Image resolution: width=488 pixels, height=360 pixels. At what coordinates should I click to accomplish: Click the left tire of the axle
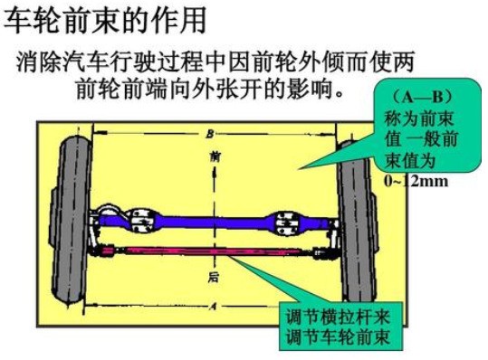71,221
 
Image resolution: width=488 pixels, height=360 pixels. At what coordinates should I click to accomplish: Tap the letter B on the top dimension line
210,133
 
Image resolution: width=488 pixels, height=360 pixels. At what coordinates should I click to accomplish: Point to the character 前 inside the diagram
214,156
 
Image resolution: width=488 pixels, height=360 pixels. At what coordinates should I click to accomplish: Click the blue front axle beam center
208,220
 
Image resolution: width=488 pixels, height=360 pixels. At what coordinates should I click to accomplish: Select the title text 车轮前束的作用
104,17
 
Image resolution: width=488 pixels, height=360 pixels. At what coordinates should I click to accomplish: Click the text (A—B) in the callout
418,96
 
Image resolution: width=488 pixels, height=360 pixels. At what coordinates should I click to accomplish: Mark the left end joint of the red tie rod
109,250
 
